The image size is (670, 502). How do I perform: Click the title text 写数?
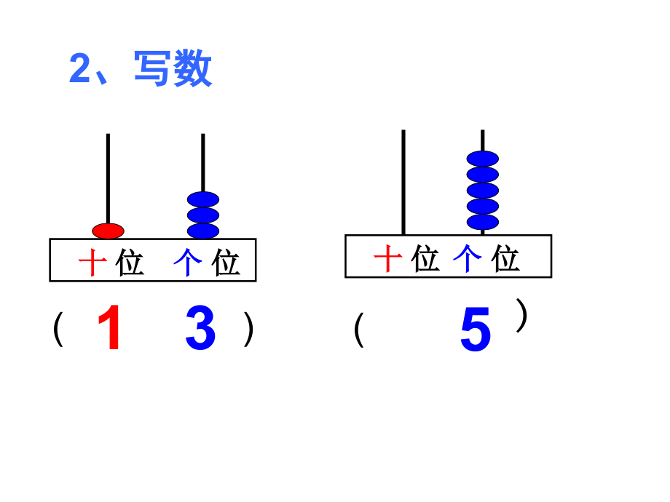pyautogui.click(x=173, y=70)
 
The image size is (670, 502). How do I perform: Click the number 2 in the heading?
pyautogui.click(x=79, y=71)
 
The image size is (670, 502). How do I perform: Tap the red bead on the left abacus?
pyautogui.click(x=108, y=231)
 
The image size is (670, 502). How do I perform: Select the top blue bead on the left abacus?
pyautogui.click(x=203, y=199)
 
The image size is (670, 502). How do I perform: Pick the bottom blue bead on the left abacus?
pyautogui.click(x=203, y=231)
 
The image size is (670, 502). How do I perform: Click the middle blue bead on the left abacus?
pyautogui.click(x=203, y=215)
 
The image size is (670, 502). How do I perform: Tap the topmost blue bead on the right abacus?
pyautogui.click(x=482, y=159)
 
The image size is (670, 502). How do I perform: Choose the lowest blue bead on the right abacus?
pyautogui.click(x=482, y=222)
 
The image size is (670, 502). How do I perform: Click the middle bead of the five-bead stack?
pyautogui.click(x=482, y=190)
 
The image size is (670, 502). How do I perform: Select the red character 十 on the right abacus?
pyautogui.click(x=388, y=258)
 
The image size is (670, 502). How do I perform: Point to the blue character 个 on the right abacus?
pyautogui.click(x=467, y=258)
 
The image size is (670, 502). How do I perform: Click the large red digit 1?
pyautogui.click(x=109, y=330)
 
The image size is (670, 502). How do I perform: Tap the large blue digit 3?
pyautogui.click(x=200, y=330)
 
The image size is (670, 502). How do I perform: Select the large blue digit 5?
pyautogui.click(x=476, y=331)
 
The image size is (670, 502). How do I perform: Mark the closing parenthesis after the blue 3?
pyautogui.click(x=249, y=330)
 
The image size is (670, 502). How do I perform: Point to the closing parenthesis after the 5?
pyautogui.click(x=521, y=316)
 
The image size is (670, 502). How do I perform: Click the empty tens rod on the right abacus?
pyautogui.click(x=403, y=182)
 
